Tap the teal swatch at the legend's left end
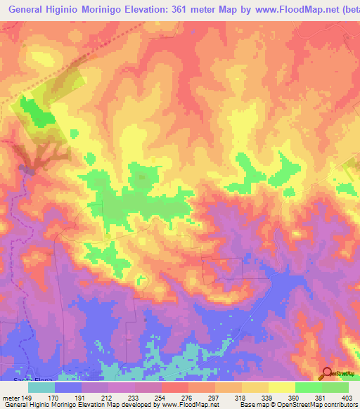[x=41, y=387]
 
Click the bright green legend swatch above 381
[x=309, y=387]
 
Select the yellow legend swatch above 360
[x=282, y=387]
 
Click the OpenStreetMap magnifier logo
[x=327, y=374]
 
